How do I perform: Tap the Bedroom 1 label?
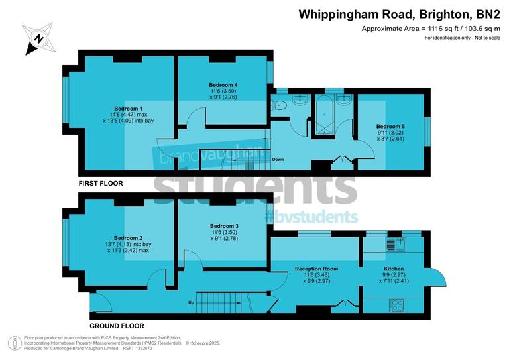(x=128, y=108)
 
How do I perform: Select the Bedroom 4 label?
(x=223, y=85)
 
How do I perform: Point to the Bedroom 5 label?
(x=390, y=126)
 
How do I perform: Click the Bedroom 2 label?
(x=128, y=238)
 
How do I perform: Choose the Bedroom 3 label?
(x=223, y=226)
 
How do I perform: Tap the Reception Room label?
(x=316, y=269)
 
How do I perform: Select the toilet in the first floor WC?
(x=281, y=105)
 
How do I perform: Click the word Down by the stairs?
(x=278, y=160)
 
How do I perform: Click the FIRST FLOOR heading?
(x=101, y=183)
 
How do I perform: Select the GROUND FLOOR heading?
(x=117, y=326)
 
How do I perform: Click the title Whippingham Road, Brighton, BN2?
(x=399, y=13)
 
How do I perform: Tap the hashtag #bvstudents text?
(x=311, y=216)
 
